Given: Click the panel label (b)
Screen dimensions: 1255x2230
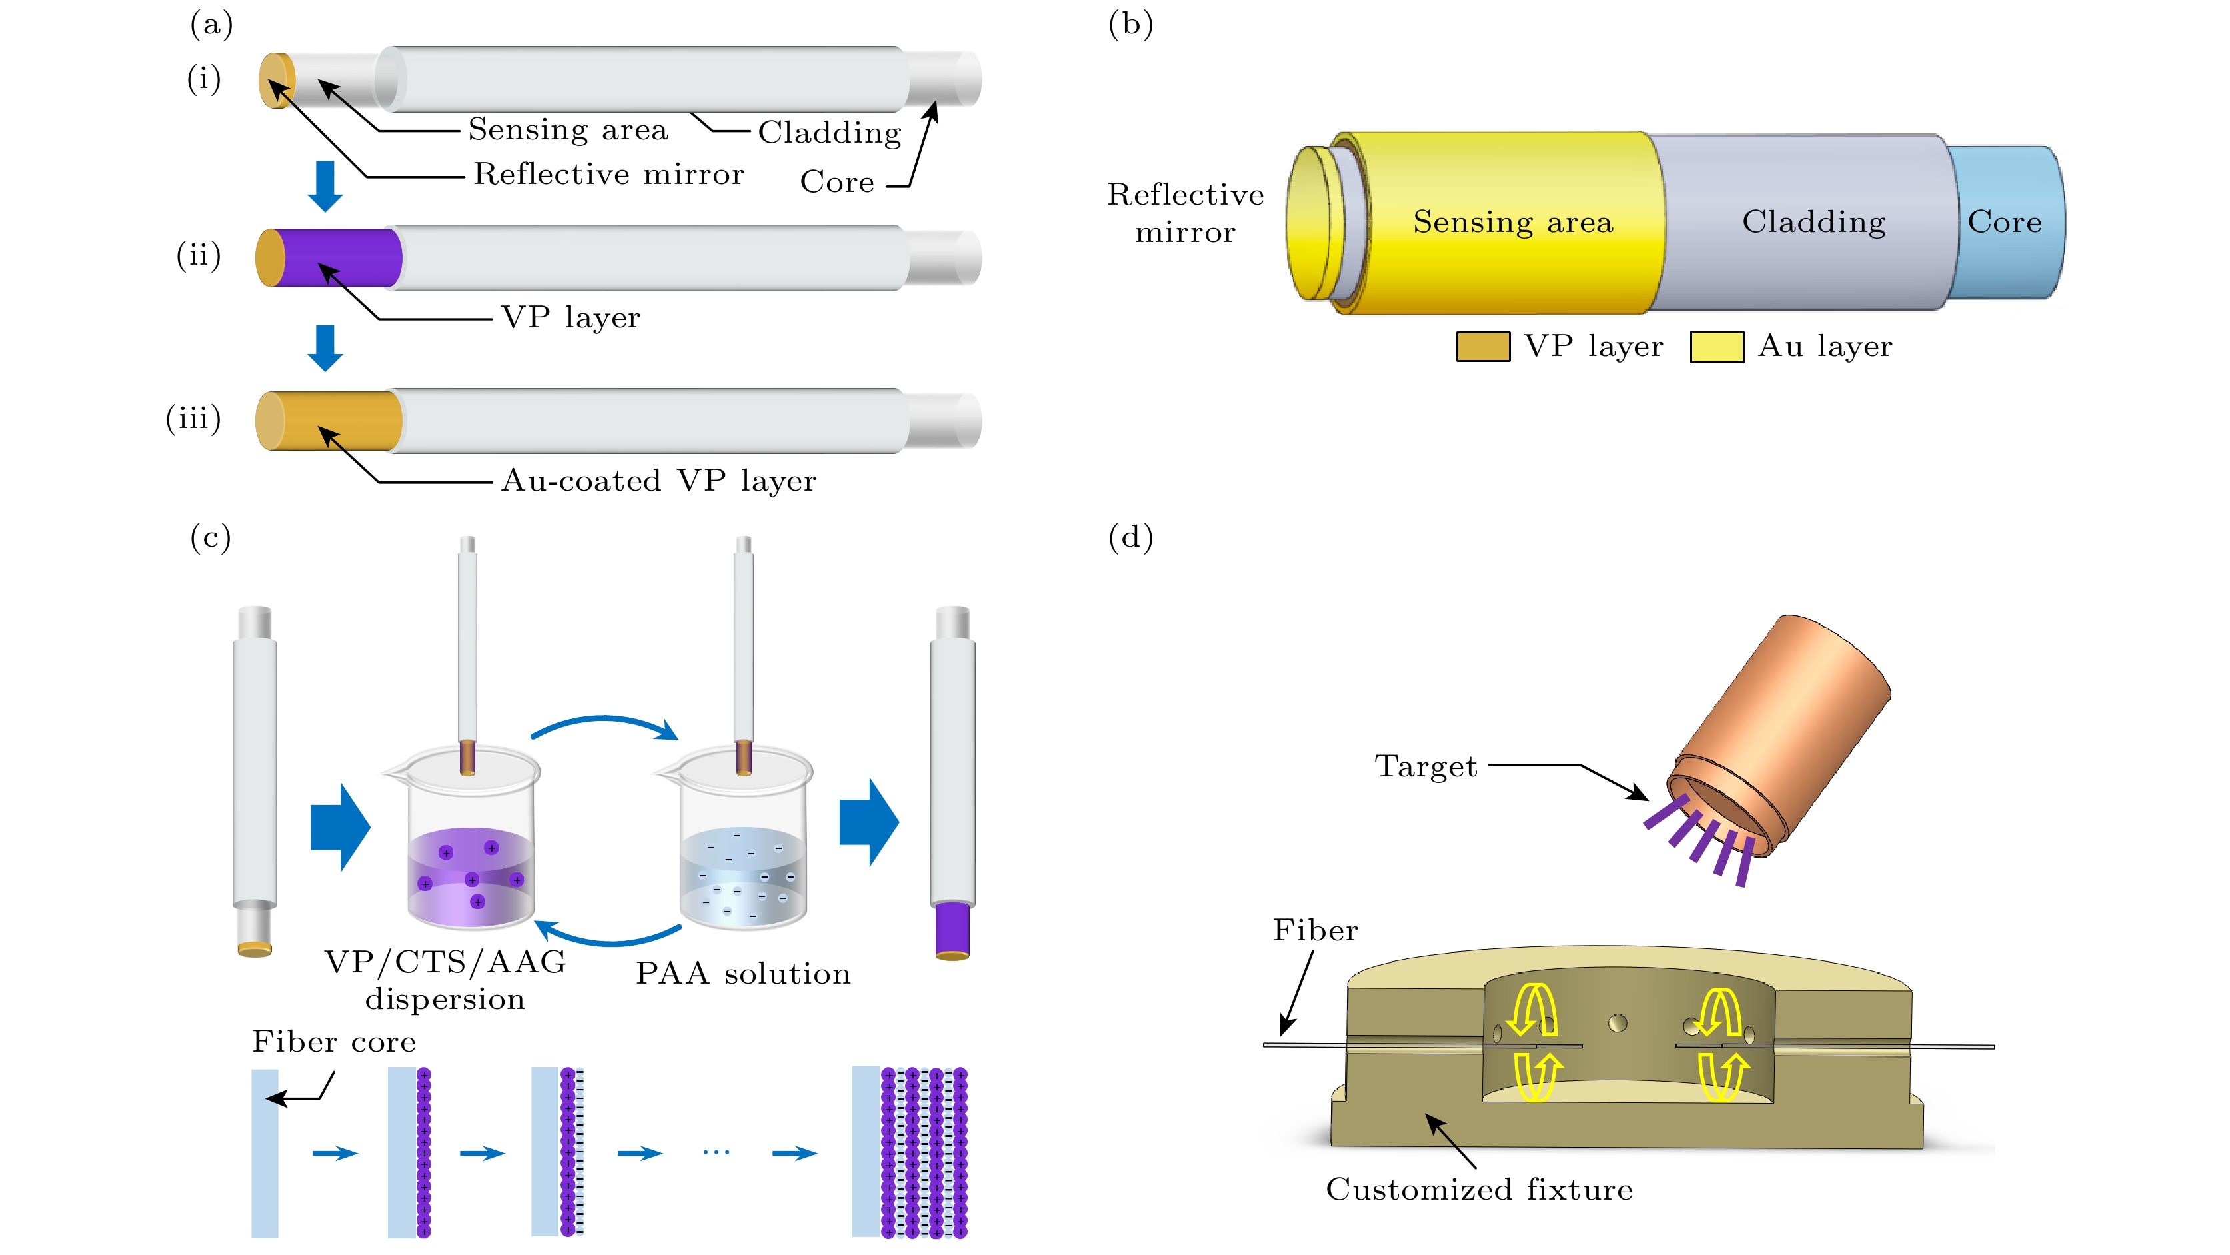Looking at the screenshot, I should (1130, 24).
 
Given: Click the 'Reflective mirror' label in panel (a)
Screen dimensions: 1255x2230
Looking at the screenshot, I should (608, 174).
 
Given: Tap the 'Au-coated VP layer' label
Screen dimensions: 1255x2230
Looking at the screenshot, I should (658, 481).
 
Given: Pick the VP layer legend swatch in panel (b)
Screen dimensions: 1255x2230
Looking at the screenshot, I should (1482, 347).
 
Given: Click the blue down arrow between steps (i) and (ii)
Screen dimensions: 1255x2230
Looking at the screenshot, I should (325, 185).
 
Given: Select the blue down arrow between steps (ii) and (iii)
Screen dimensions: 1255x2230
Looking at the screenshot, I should (325, 347).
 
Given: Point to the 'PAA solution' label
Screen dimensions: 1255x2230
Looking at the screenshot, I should (742, 974).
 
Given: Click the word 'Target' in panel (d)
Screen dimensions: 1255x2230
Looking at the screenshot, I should (1425, 766).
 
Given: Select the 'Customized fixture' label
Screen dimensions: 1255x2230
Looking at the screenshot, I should (1479, 1189).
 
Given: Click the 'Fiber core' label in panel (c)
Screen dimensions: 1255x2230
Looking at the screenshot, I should (333, 1041).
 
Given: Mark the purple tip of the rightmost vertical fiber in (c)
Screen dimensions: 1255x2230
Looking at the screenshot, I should (952, 930).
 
